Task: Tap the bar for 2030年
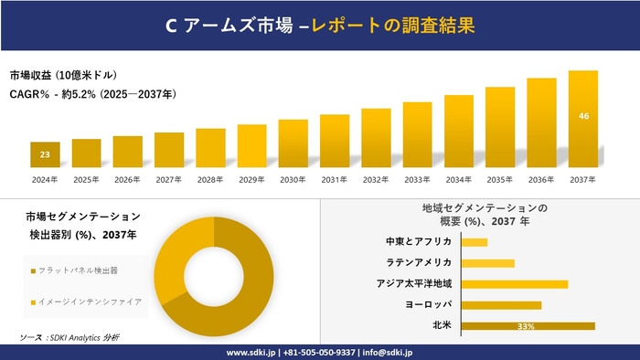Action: click(x=293, y=143)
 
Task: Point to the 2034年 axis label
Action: click(x=458, y=180)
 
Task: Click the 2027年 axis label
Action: click(x=169, y=180)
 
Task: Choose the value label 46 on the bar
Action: click(x=583, y=116)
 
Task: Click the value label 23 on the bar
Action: click(x=45, y=154)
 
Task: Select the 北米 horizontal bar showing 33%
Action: click(x=528, y=325)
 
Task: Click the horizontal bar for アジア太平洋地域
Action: click(x=514, y=283)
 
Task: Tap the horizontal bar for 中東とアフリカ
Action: click(x=474, y=241)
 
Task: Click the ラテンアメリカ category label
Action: click(x=419, y=262)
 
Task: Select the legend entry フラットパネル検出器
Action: click(x=77, y=271)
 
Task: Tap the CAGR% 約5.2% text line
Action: click(x=92, y=94)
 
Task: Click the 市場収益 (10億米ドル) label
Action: click(x=63, y=75)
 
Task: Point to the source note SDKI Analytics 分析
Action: click(x=69, y=338)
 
